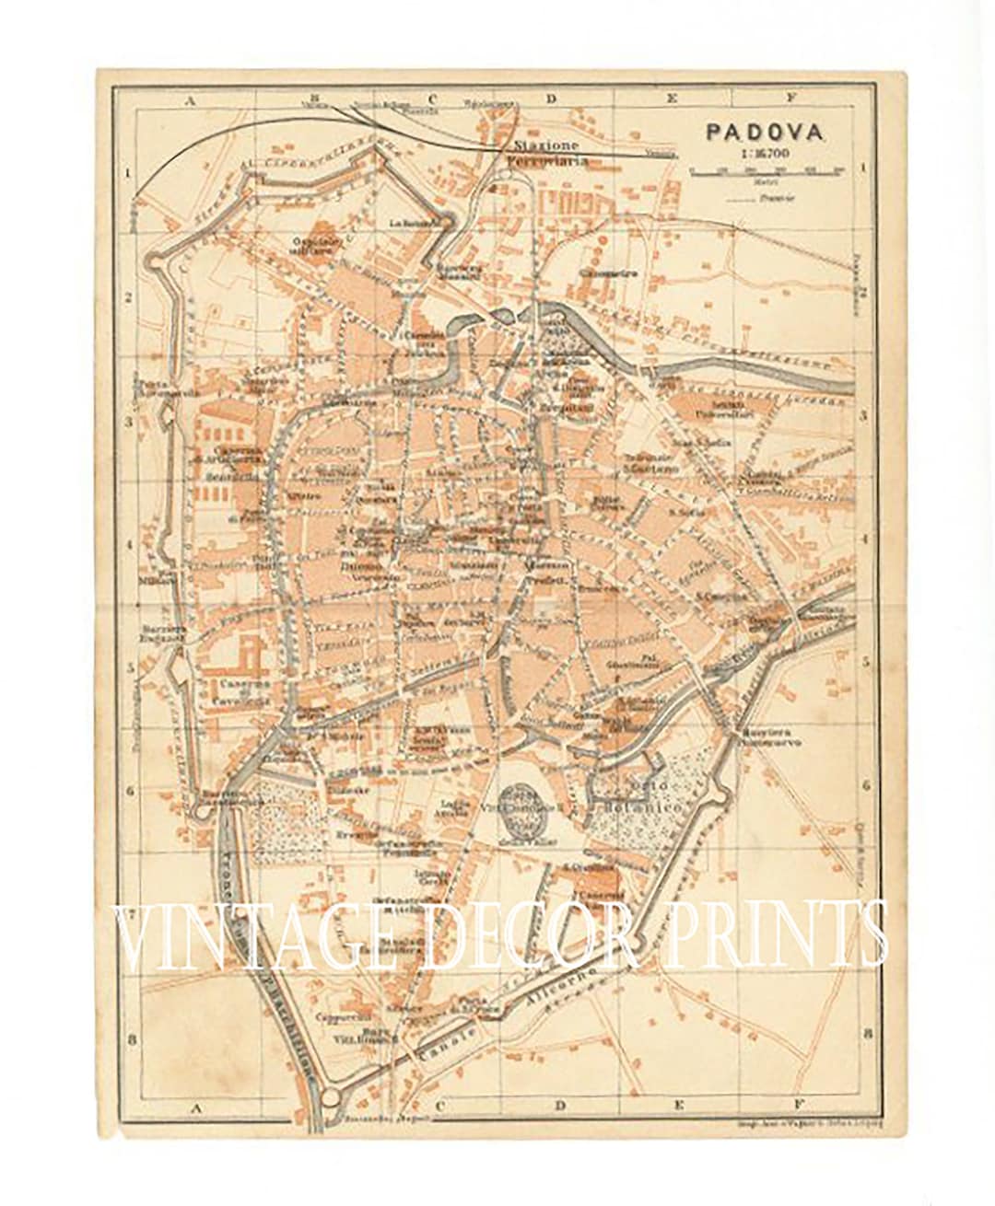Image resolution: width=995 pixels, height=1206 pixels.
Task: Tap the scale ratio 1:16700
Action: tap(765, 152)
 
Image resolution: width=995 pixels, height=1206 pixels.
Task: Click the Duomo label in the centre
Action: tap(359, 569)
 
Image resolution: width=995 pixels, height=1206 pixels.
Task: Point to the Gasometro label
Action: tap(600, 273)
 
